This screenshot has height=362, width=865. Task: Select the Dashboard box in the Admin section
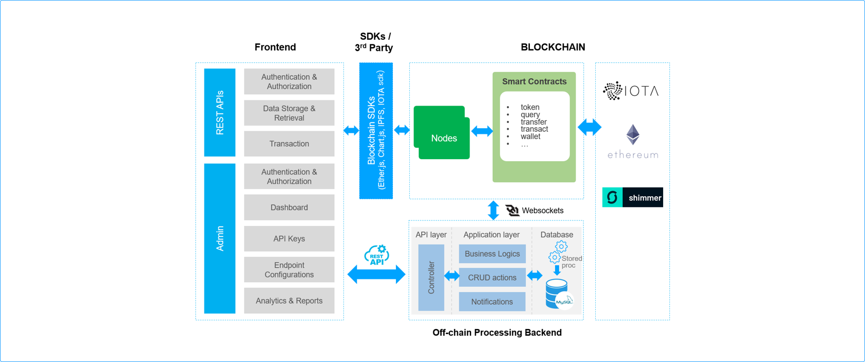289,208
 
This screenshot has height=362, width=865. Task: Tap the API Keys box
289,239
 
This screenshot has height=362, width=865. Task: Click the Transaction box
289,144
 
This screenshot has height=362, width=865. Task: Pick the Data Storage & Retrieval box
289,113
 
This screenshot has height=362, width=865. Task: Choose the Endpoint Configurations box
289,270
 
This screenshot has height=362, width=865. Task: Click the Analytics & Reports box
289,301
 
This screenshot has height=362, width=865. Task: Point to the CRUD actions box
492,278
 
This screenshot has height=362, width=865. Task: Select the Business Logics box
492,254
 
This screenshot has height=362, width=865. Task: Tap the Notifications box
492,302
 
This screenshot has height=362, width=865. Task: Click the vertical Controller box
431,278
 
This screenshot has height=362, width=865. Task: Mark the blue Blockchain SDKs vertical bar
376,130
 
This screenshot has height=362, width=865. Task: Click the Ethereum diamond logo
633,134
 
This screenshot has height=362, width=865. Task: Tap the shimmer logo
632,198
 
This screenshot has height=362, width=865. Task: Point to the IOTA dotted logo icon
613,91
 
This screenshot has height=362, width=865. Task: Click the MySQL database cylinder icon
558,294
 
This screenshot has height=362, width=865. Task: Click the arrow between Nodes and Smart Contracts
482,131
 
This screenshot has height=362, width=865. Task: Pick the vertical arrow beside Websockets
493,210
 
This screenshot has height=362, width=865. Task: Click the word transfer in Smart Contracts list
533,122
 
